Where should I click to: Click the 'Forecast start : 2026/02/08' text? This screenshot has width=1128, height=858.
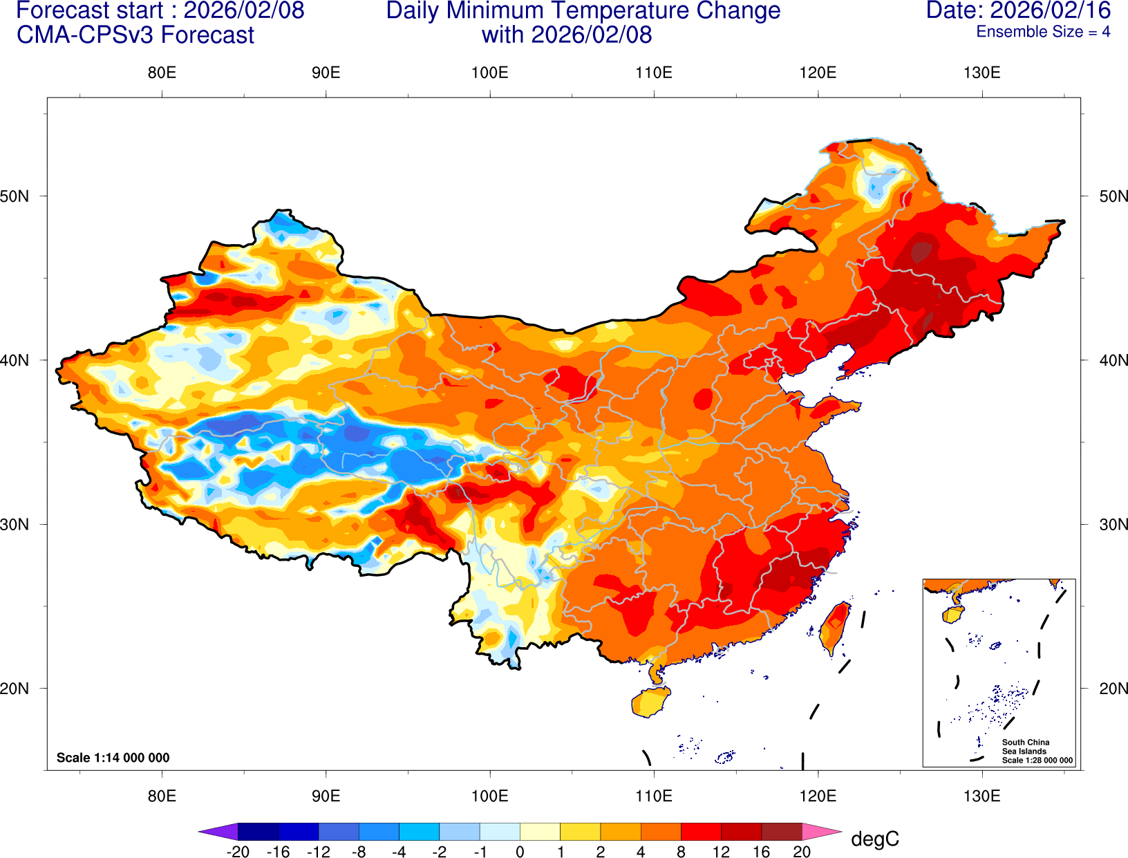160,10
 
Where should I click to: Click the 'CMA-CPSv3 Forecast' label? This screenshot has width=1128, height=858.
135,35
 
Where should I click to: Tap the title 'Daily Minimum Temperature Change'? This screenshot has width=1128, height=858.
583,10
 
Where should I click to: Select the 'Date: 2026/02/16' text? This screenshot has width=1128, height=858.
1018,10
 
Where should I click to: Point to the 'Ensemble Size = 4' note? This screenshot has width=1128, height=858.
1042,32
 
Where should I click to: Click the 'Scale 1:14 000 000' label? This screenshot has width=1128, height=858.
113,758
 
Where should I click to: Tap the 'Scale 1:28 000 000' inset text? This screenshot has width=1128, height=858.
1037,761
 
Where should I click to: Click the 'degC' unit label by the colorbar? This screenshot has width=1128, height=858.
874,839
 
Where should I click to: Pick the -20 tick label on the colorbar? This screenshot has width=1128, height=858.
238,852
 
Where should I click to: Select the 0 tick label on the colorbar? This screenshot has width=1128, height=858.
520,852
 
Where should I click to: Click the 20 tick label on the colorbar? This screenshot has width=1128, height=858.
802,852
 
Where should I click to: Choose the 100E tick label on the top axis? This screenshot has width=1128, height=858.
489,73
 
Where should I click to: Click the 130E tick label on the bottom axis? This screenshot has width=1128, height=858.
981,796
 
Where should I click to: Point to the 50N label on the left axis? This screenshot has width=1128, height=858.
15,196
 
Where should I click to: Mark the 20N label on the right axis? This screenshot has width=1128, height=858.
1113,689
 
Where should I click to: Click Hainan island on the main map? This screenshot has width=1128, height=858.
650,702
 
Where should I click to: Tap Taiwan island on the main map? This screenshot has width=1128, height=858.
835,628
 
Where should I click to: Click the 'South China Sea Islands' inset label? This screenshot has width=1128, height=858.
1025,747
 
